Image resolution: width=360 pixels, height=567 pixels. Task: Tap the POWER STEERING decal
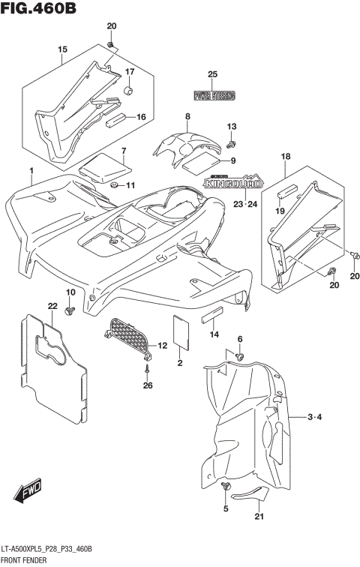click(x=214, y=96)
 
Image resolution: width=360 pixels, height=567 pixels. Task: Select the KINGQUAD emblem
click(x=234, y=181)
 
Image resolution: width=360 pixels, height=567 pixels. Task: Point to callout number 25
click(x=212, y=73)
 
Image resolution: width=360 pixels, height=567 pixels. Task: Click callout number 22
click(x=52, y=305)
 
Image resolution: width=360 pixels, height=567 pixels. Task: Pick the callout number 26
click(x=148, y=386)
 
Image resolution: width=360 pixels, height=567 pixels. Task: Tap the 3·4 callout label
click(x=315, y=417)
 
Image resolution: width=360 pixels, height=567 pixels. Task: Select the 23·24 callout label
click(x=244, y=203)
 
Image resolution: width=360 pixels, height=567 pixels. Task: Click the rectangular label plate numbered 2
click(x=181, y=331)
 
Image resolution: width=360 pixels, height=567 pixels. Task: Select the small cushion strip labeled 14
click(x=212, y=314)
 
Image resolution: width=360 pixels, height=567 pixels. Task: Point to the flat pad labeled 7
click(x=100, y=166)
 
